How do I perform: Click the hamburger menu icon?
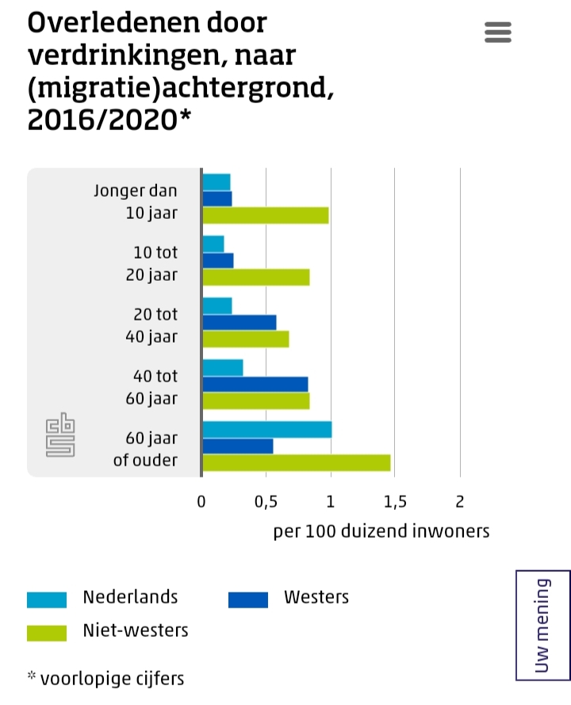497,32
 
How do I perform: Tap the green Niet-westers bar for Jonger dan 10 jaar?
266,215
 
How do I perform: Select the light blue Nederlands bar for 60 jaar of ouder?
267,430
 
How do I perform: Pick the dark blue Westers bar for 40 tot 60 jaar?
255,384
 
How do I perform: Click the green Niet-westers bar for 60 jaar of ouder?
297,462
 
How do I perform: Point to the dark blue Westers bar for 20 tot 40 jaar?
240,322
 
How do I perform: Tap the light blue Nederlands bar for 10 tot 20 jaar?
213,244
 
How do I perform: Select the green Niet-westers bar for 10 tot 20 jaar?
256,277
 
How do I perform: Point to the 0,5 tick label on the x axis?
266,501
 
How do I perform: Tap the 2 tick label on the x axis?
459,501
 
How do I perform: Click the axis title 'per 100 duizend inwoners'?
381,531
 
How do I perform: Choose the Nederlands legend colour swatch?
47,600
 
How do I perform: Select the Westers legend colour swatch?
248,600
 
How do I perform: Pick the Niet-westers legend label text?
136,630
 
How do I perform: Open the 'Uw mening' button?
543,625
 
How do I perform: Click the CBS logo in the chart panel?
60,435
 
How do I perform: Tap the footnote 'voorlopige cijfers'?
112,678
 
